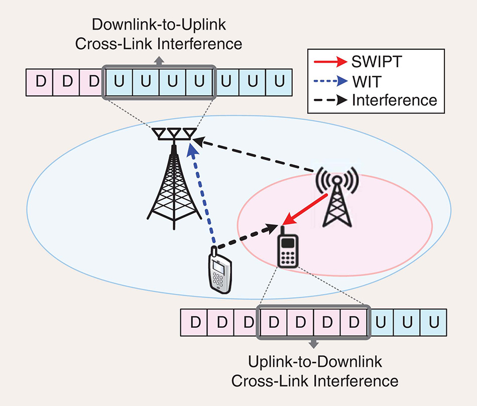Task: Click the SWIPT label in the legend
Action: (x=379, y=62)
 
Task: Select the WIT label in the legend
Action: (x=366, y=81)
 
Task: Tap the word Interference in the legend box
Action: (x=395, y=100)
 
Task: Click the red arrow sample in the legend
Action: (x=330, y=62)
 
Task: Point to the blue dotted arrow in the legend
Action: (x=330, y=81)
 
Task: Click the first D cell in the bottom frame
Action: (x=193, y=322)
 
